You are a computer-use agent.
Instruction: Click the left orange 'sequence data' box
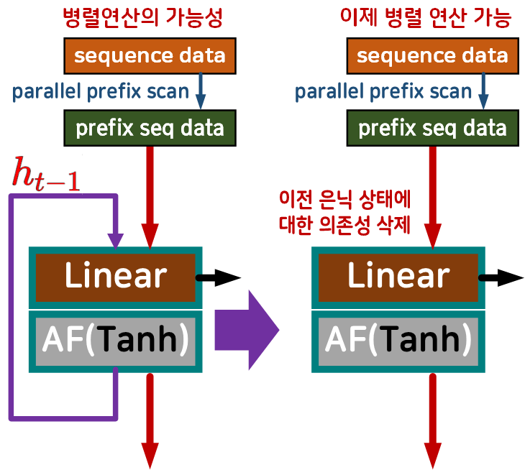click(150, 55)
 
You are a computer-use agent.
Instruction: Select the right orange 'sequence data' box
click(432, 55)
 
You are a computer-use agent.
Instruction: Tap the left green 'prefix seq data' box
click(150, 129)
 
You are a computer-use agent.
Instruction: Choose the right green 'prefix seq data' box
click(432, 129)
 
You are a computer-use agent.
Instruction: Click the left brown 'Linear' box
click(115, 277)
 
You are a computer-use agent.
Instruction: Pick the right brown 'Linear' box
click(398, 277)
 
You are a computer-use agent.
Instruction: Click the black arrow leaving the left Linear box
click(219, 277)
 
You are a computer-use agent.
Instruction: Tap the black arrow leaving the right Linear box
click(503, 277)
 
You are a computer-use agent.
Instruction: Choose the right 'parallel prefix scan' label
click(383, 91)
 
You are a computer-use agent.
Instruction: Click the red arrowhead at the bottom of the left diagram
click(150, 455)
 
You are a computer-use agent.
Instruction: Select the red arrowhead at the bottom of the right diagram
click(433, 455)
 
